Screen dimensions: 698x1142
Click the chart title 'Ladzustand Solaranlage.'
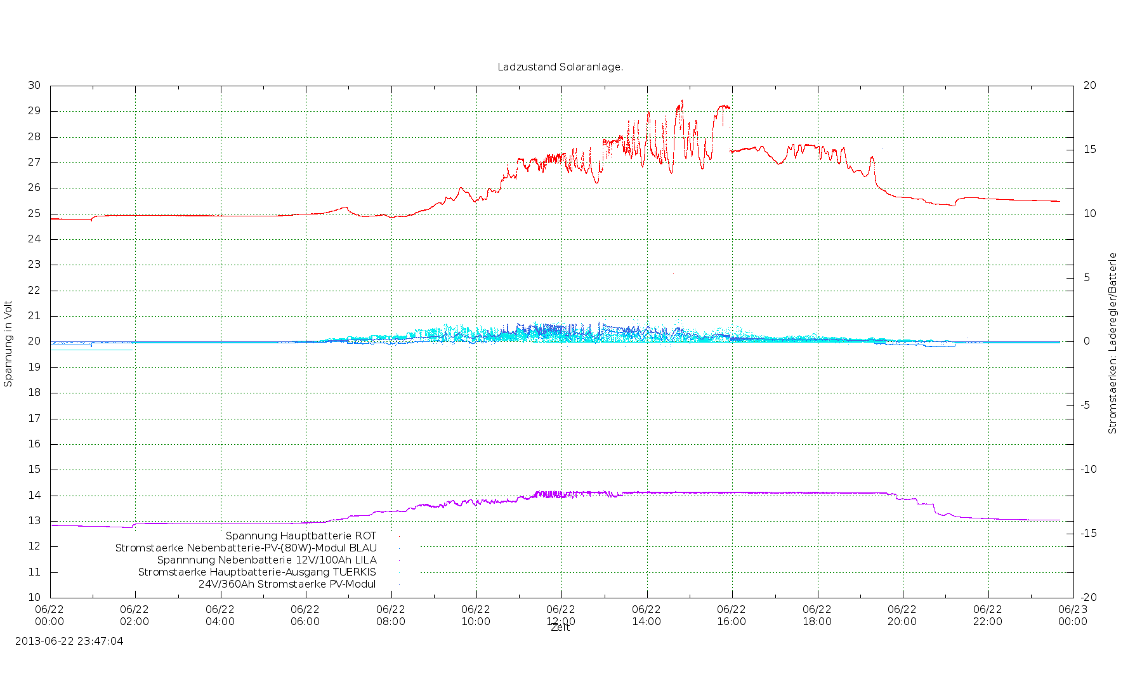560,67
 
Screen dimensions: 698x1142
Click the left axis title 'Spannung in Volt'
8,343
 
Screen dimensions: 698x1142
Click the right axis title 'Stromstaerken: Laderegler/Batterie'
1112,343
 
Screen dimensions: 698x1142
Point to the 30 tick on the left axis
34,86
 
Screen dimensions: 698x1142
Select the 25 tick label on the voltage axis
34,214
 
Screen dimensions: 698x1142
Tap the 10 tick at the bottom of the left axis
34,597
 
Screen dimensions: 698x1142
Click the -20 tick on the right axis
1089,597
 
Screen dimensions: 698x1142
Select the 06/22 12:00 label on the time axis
561,616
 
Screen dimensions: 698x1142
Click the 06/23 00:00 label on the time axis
1073,616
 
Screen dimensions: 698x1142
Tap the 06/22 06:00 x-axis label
305,616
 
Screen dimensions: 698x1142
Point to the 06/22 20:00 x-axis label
902,616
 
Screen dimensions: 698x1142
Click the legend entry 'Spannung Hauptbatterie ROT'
301,536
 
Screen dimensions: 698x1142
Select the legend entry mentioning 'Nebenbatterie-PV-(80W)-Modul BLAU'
246,548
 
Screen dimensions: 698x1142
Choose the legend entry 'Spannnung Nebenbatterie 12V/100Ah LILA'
266,560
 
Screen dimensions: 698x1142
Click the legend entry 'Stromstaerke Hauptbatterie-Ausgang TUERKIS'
257,572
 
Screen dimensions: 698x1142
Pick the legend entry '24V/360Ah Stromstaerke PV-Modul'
287,584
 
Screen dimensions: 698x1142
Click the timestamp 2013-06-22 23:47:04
69,641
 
